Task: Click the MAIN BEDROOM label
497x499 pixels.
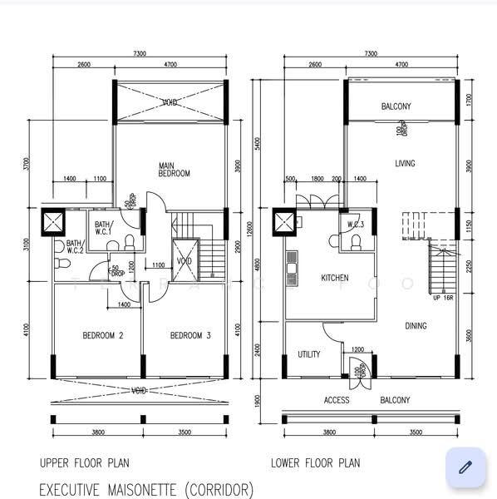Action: click(175, 170)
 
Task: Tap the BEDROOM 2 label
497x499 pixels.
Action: click(103, 336)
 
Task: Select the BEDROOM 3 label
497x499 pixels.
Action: click(190, 336)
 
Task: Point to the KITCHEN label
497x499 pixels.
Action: click(335, 278)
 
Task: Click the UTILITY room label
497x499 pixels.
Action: click(309, 354)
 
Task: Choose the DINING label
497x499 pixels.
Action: click(416, 326)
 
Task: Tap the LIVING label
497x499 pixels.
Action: click(405, 164)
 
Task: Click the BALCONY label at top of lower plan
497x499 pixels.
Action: click(396, 106)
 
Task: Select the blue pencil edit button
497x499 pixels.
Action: click(465, 467)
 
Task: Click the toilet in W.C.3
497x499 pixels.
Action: click(355, 242)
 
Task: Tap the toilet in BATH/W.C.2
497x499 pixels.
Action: click(62, 262)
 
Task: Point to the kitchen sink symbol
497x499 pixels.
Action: click(292, 268)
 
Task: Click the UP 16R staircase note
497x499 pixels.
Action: click(442, 297)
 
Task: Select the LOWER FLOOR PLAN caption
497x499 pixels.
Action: click(316, 463)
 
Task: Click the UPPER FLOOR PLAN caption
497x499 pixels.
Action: click(84, 463)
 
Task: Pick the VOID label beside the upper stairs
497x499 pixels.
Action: click(184, 261)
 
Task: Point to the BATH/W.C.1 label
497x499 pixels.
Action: click(102, 229)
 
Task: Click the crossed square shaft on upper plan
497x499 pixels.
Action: click(53, 222)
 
